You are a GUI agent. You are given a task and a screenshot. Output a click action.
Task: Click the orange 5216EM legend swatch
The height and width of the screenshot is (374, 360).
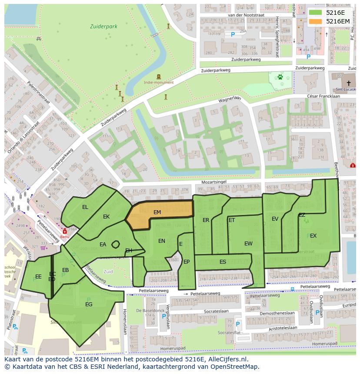pos(316,21)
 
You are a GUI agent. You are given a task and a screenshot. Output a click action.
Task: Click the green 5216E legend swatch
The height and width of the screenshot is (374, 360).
pos(316,13)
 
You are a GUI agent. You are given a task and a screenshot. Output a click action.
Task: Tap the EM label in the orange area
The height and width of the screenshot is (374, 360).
pos(157,212)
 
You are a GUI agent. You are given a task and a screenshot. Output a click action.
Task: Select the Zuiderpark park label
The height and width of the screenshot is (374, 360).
pos(103,26)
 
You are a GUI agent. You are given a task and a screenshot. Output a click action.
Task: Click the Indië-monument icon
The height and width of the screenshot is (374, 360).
pos(158,76)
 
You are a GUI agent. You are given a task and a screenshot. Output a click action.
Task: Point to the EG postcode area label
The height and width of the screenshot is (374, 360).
pos(89,304)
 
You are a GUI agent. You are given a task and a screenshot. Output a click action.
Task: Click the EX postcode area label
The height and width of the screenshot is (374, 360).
pos(313,236)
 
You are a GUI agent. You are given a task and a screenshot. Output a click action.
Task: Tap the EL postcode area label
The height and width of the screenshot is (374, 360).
pos(85,207)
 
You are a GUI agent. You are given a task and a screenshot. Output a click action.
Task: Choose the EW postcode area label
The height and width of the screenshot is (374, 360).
pos(248,244)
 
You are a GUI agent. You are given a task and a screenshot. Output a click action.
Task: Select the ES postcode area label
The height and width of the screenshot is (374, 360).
pos(223,262)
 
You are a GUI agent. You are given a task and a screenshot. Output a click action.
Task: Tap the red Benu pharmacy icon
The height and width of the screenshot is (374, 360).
pos(65,232)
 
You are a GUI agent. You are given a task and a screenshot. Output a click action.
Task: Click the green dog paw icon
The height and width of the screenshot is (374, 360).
pos(281,77)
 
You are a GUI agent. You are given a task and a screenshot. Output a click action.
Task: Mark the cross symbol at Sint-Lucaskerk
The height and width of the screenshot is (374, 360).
pos(348,83)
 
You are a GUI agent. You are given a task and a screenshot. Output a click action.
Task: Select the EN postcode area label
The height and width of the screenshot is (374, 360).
pos(162,241)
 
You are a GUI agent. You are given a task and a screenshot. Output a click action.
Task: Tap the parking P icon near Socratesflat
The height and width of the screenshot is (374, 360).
pos(237,324)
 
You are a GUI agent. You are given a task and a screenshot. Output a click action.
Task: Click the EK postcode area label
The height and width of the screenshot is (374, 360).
pos(107,217)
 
